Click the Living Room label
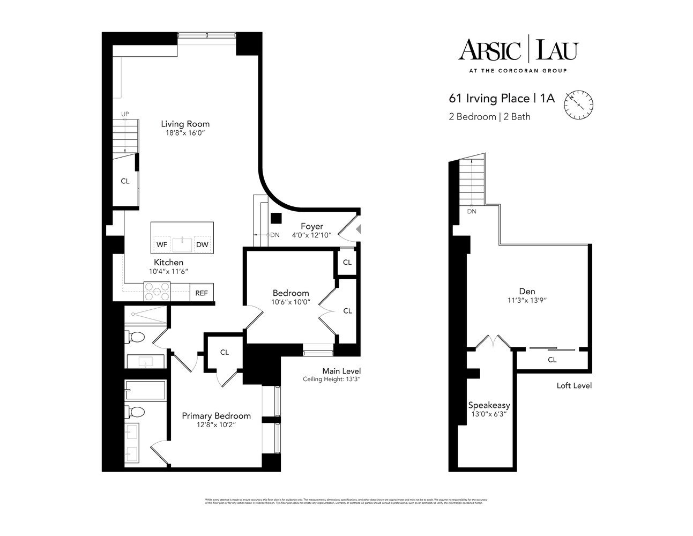click(185, 124)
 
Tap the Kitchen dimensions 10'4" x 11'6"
click(168, 272)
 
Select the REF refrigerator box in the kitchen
click(202, 293)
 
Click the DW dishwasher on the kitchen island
click(202, 245)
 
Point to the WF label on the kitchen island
click(161, 245)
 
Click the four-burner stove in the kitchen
click(157, 292)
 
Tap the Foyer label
click(311, 226)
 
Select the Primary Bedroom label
click(216, 416)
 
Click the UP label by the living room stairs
click(125, 114)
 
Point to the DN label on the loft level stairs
click(472, 212)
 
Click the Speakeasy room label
click(488, 405)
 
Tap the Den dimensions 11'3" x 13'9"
click(527, 301)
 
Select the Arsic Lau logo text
click(517, 51)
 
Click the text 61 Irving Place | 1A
click(502, 99)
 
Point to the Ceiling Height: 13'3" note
click(332, 380)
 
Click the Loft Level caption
click(574, 385)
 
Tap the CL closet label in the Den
click(552, 360)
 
